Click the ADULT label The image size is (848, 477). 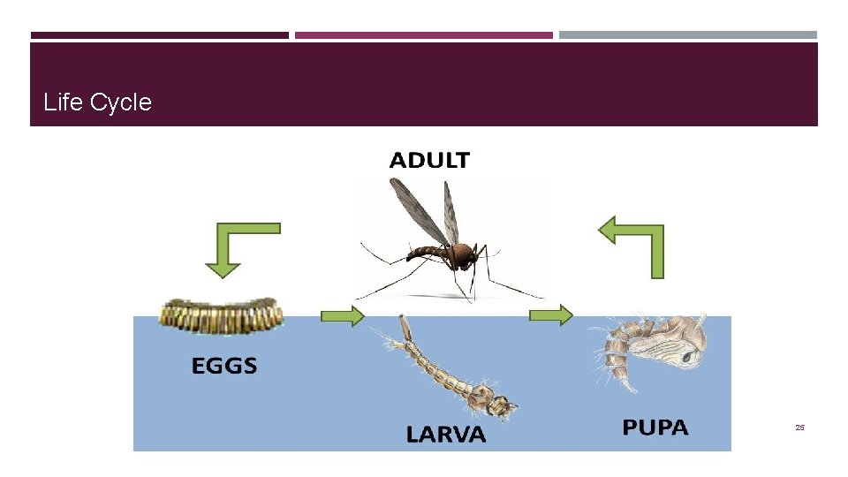tap(429, 160)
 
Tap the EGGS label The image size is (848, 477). tap(224, 365)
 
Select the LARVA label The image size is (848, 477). tap(446, 434)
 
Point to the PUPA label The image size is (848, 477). tap(655, 428)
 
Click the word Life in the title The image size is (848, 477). tap(63, 102)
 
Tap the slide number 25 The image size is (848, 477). tap(799, 428)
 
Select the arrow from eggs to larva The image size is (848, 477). tap(342, 315)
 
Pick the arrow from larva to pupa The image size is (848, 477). tap(550, 314)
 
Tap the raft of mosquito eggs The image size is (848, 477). tap(221, 315)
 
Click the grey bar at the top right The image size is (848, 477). tap(688, 35)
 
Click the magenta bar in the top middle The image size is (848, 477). tap(423, 35)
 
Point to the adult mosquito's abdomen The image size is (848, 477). tap(427, 254)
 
